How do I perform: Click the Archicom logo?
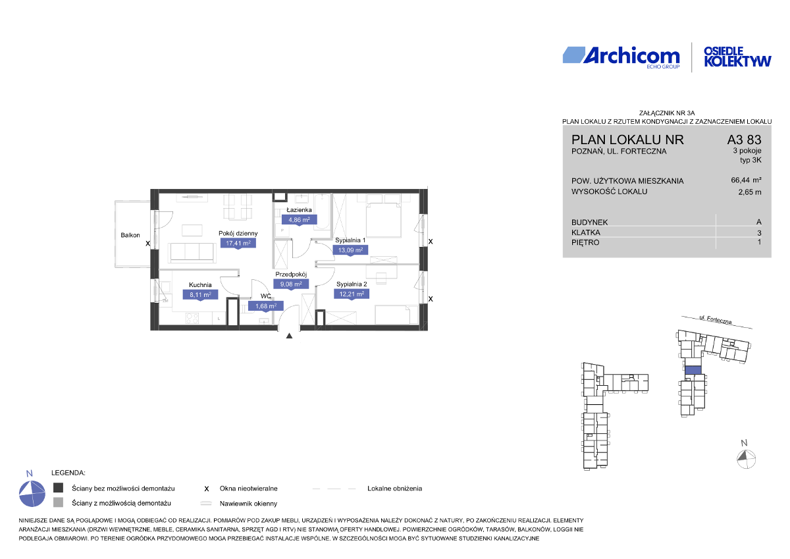point(621,57)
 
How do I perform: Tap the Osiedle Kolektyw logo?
point(737,57)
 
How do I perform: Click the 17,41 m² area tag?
point(238,243)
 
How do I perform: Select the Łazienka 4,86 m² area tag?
point(299,220)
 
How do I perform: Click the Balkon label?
point(130,235)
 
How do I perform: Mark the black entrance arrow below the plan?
point(289,336)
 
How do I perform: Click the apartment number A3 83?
point(744,140)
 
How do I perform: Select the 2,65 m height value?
point(750,192)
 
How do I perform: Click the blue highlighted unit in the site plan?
point(693,370)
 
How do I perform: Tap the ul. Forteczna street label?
point(716,320)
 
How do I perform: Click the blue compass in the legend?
point(32,494)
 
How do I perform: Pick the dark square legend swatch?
point(58,488)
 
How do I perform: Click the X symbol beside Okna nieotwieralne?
point(207,489)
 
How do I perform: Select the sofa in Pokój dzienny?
point(192,252)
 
